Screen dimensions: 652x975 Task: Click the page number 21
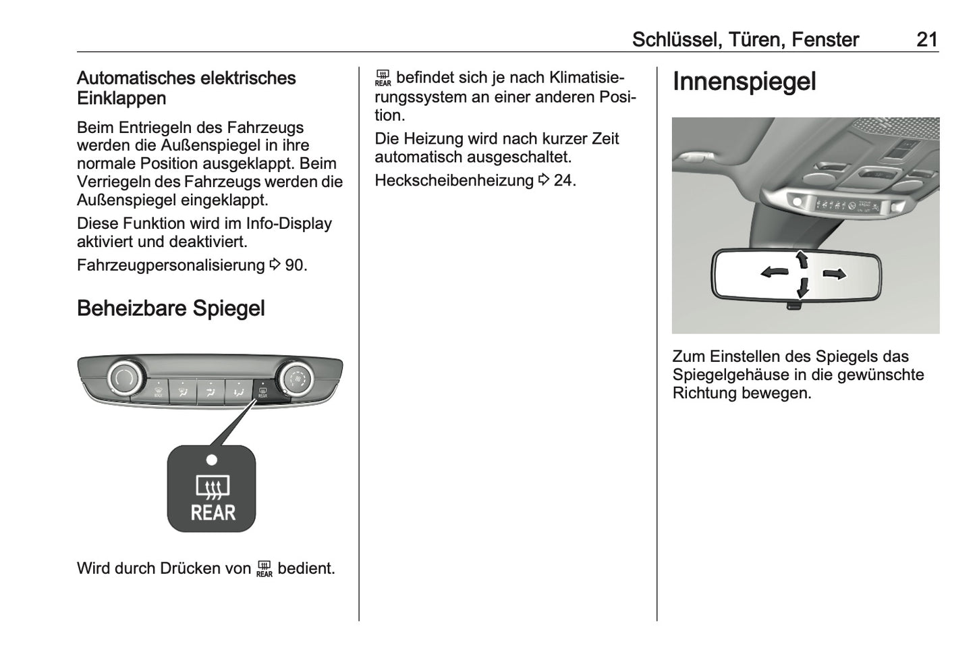(926, 40)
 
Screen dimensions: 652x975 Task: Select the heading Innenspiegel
(744, 82)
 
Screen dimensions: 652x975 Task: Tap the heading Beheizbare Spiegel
(171, 308)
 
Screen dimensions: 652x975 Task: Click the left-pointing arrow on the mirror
(774, 273)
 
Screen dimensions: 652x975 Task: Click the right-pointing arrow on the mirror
(835, 273)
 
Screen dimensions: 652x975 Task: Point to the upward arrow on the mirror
(802, 259)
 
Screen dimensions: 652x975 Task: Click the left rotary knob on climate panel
(125, 379)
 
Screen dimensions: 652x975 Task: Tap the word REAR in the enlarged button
(213, 513)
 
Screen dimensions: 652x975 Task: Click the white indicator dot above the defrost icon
(212, 460)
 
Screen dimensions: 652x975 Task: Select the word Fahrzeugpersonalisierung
(171, 265)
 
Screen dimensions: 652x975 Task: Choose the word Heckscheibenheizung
(454, 181)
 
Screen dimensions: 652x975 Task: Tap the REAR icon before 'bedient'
(264, 569)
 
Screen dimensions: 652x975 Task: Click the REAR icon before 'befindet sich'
(383, 79)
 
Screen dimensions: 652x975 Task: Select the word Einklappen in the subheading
(121, 99)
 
